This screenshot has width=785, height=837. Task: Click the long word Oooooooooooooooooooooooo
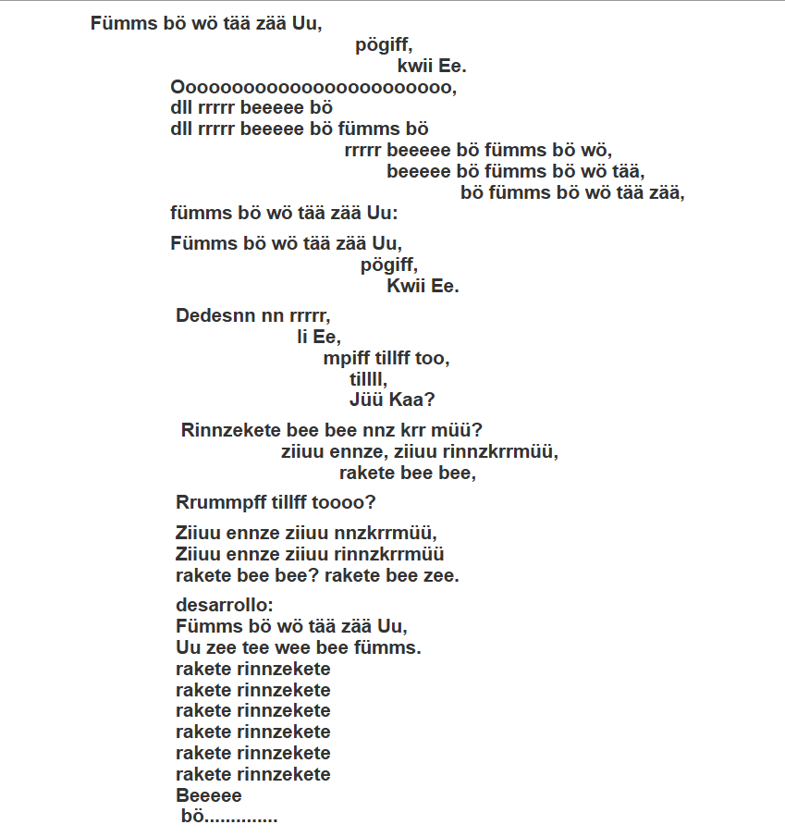[313, 88]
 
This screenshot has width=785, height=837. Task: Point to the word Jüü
[365, 400]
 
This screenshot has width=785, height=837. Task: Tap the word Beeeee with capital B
[209, 795]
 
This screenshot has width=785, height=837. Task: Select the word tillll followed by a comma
[367, 379]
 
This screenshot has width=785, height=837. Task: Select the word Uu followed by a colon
[381, 214]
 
